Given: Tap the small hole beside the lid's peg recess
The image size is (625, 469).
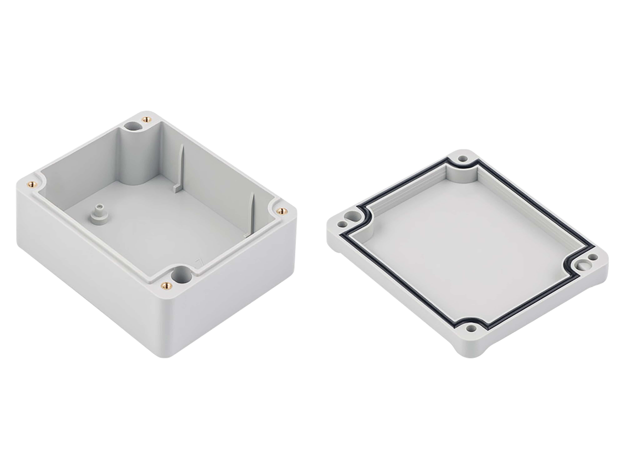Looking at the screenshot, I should pyautogui.click(x=593, y=257).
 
